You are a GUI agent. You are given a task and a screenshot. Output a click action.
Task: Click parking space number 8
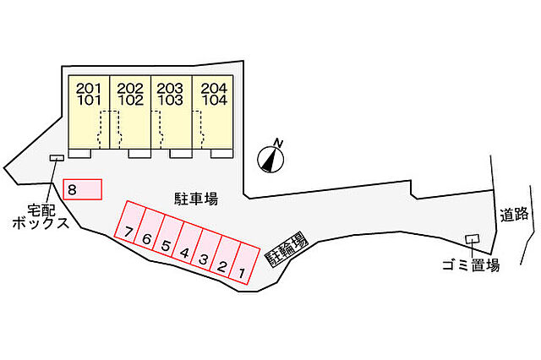pos(82,189)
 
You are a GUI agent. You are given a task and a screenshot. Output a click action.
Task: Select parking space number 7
pos(129,221)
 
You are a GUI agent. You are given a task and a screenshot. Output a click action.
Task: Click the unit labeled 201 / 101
pos(89,112)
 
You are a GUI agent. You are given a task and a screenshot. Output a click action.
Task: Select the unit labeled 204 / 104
pos(213,112)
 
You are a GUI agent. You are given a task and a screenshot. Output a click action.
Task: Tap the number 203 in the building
pos(170,89)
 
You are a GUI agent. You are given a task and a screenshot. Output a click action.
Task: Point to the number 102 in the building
pos(130,101)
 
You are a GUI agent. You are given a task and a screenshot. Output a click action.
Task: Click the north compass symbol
pos(270,159)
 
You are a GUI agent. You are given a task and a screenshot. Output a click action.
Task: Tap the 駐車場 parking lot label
pos(196,199)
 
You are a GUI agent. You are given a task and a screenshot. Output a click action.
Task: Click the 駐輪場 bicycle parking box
pos(286,249)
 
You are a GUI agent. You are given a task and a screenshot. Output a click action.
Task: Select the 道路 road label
pos(515,215)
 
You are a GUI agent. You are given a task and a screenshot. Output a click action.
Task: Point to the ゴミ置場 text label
pos(471,265)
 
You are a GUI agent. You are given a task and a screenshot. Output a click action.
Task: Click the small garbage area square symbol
pos(473,238)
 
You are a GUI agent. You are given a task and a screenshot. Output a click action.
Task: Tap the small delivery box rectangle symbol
pos(57,157)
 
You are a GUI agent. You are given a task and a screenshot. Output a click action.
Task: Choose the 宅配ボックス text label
pos(41,216)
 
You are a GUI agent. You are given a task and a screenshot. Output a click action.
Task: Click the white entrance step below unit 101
pos(79,154)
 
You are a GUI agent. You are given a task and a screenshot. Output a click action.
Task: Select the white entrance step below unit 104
pos(221,154)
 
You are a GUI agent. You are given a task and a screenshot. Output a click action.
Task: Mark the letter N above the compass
pos(278,143)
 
